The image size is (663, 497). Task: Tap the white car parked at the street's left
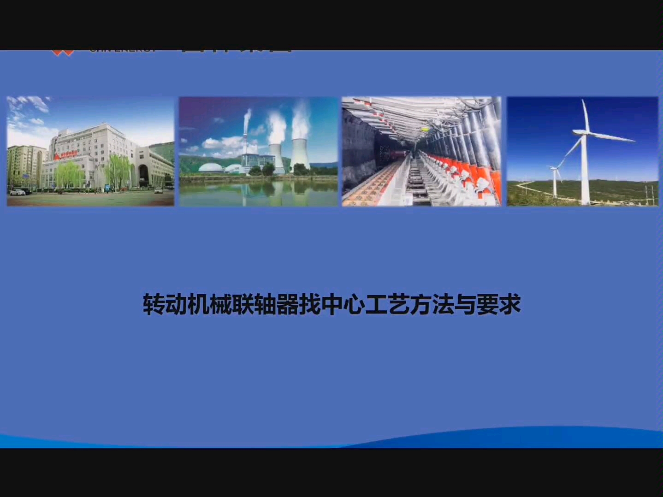click(17, 192)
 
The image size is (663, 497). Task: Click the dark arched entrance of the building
click(144, 175)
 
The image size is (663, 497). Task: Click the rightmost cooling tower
click(300, 154)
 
